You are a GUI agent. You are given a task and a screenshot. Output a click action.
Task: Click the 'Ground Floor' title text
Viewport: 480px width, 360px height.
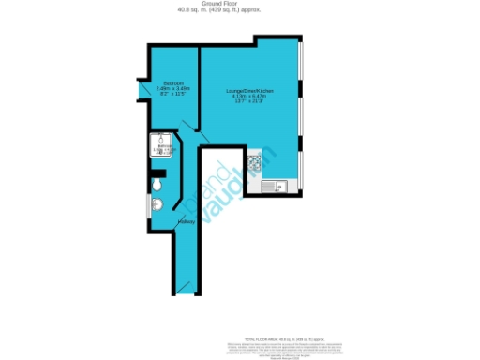tap(239, 5)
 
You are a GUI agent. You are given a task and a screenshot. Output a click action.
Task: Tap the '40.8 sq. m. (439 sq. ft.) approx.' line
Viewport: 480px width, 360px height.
tap(239, 11)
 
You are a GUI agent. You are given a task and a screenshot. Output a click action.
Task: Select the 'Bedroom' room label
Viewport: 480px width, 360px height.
tap(172, 83)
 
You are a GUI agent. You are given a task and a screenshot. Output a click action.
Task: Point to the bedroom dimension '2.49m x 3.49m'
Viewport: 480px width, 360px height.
tap(172, 89)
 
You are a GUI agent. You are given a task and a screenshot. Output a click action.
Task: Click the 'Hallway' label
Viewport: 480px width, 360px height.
tap(186, 222)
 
